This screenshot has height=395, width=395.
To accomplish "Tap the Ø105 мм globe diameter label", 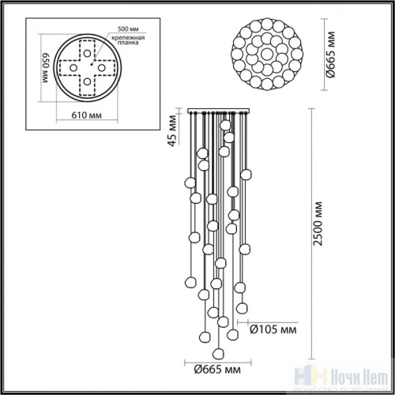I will click(x=273, y=329).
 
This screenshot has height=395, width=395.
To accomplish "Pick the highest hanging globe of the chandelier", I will click(x=226, y=124).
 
